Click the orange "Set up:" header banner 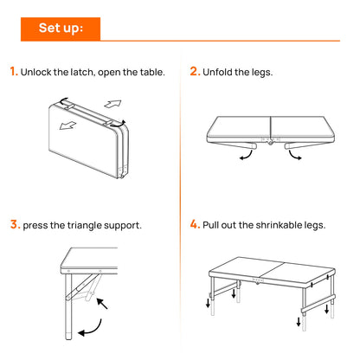tap(61, 29)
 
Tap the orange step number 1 tap(13, 72)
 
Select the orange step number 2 tap(194, 72)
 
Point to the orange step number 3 tap(14, 224)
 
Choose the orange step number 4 tap(195, 224)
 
